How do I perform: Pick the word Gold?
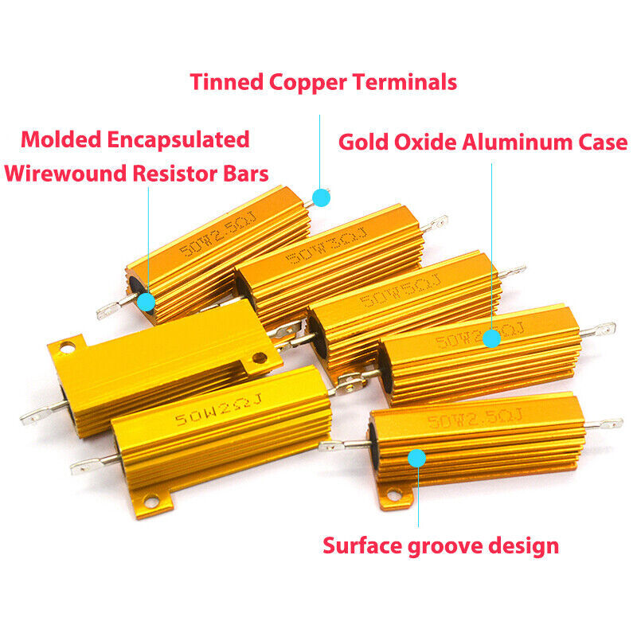pos(364,143)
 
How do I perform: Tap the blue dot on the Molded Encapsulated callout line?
pos(146,302)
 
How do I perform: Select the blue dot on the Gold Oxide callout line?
pos(491,339)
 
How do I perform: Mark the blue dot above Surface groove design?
pos(416,458)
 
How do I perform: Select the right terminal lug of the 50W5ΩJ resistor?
pos(512,273)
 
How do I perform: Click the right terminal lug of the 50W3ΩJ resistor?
pos(435,224)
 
